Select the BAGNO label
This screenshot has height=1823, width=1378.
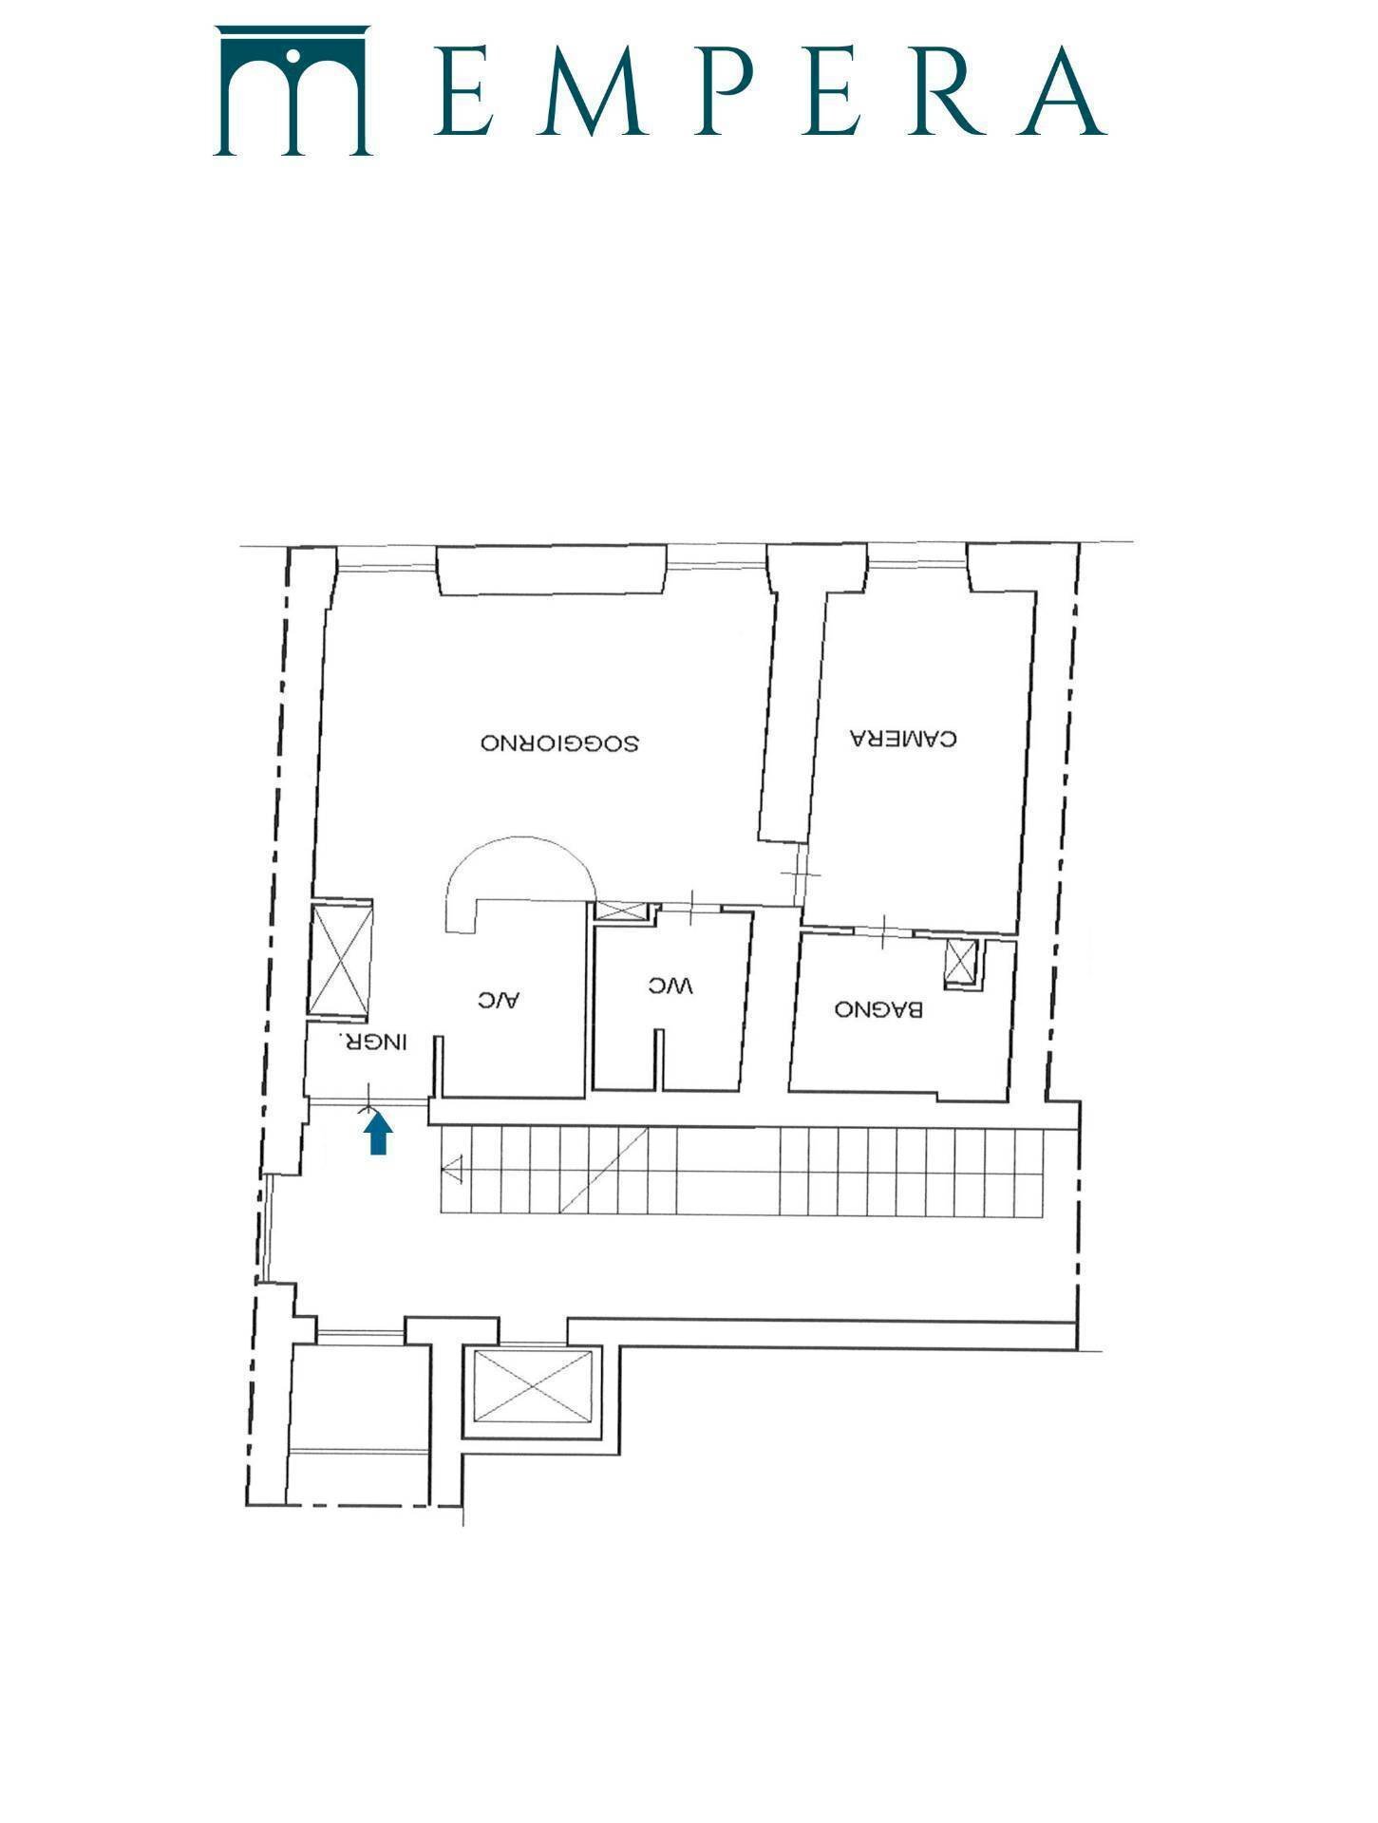pyautogui.click(x=878, y=1009)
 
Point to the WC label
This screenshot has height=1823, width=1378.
pyautogui.click(x=670, y=987)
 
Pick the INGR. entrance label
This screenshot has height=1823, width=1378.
pyautogui.click(x=373, y=1042)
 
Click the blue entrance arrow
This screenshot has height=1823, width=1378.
pyautogui.click(x=379, y=1133)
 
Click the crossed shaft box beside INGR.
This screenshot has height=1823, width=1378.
pyautogui.click(x=343, y=959)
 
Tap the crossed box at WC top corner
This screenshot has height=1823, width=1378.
pyautogui.click(x=620, y=911)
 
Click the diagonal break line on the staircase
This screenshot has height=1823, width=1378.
pyautogui.click(x=604, y=1170)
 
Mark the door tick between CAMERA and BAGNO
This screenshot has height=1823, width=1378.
pyautogui.click(x=883, y=930)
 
